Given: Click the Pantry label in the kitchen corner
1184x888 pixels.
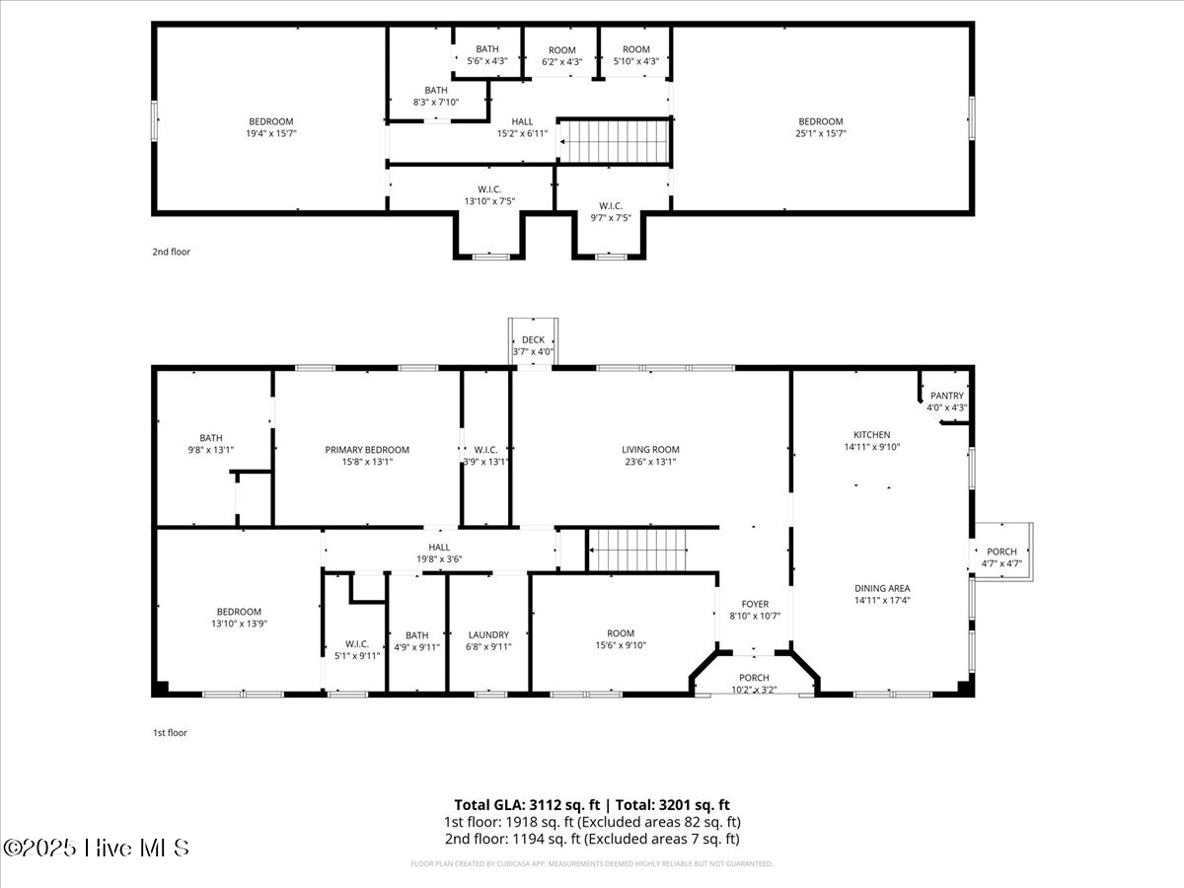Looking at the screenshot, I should point(946,396).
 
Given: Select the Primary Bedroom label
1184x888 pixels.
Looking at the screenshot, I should point(367,450).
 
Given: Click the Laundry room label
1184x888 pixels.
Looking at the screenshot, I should point(488,635).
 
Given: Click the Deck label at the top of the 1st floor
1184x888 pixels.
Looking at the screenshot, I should point(533,340).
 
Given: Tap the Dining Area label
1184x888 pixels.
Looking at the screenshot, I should point(882,588).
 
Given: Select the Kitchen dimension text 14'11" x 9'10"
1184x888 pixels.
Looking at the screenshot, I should point(872,447).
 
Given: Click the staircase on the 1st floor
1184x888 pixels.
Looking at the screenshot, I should point(637,549).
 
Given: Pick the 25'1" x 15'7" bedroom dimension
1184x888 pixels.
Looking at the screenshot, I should point(821,133).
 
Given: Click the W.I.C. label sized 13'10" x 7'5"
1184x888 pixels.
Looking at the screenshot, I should point(490,189).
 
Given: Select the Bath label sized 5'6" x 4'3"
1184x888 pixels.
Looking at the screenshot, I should point(487,49).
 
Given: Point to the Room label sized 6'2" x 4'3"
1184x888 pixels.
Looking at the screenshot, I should point(562,50).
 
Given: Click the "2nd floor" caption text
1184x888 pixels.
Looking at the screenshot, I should point(171,252).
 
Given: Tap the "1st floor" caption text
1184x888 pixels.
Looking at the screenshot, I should point(169,733).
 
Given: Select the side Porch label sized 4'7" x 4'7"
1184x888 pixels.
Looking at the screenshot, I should point(1001,552).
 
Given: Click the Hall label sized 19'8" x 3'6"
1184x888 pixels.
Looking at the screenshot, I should point(439,548).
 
